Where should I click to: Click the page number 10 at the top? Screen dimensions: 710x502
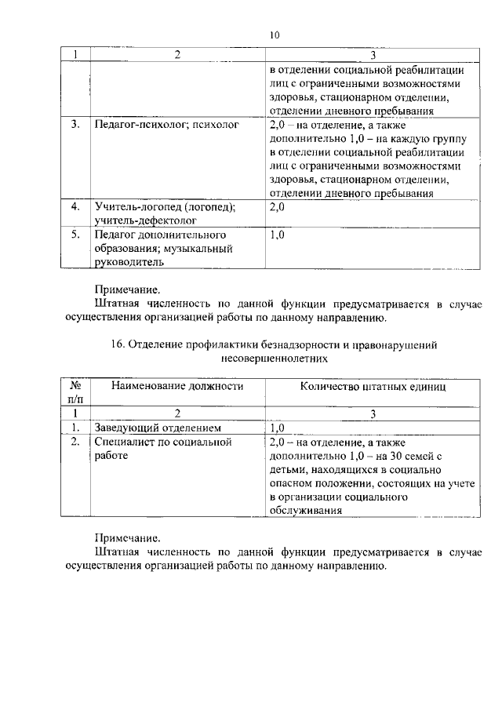click(x=274, y=35)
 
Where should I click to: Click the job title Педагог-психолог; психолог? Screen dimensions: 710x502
click(x=166, y=125)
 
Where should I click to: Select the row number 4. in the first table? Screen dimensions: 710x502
click(x=76, y=207)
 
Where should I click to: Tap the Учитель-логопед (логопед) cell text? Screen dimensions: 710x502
click(x=165, y=207)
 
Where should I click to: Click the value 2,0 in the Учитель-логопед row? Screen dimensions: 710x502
click(x=278, y=207)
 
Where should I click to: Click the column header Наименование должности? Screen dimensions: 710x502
click(x=177, y=386)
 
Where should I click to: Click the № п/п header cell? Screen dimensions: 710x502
click(x=77, y=392)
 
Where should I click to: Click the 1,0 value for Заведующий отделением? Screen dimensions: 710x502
click(x=278, y=428)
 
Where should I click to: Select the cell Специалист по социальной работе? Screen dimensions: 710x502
click(x=163, y=448)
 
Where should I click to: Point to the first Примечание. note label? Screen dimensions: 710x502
click(x=127, y=289)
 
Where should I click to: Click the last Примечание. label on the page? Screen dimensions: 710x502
click(x=127, y=538)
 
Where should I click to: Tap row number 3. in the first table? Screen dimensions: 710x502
click(x=76, y=125)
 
